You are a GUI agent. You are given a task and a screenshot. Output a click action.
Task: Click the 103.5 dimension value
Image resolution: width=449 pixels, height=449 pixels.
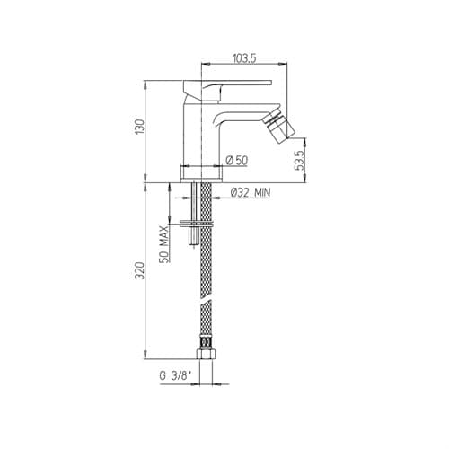[244, 58]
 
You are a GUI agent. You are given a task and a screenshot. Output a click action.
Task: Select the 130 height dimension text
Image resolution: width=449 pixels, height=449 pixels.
[140, 127]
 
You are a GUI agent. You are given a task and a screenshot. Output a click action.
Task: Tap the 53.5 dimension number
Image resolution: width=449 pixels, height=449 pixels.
[299, 160]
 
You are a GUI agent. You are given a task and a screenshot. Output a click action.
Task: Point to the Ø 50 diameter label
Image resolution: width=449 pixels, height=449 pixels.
[237, 161]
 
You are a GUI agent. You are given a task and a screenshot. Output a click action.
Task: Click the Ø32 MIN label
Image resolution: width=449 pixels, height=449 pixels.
[251, 193]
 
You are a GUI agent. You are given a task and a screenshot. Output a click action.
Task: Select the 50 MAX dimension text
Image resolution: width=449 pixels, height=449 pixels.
[163, 244]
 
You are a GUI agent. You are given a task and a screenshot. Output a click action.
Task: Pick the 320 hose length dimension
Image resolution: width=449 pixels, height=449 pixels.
[140, 270]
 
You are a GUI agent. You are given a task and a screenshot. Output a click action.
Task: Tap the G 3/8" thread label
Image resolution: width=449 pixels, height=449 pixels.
[175, 375]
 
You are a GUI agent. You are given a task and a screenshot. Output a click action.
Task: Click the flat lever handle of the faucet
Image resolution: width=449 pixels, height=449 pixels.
[227, 85]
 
